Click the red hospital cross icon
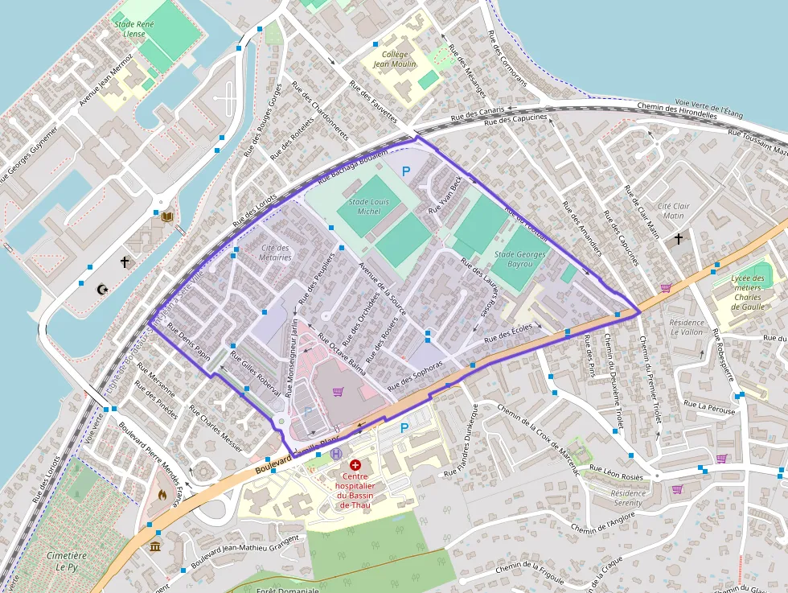click(355, 465)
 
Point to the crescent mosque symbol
click(102, 289)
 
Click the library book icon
click(167, 216)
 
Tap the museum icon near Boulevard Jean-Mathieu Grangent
click(154, 547)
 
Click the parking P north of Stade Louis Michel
click(406, 171)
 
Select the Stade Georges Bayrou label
click(520, 259)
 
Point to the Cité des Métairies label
click(276, 253)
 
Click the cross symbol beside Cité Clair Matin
click(679, 239)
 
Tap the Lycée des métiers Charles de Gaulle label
click(748, 292)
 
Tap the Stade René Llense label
click(134, 30)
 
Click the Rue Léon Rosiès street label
click(618, 472)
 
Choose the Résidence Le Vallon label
click(686, 327)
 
